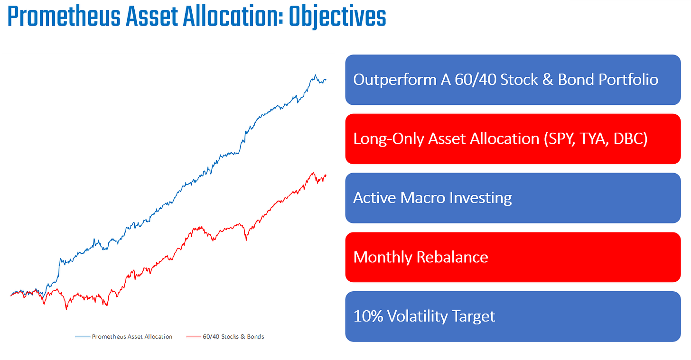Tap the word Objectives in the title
(338, 17)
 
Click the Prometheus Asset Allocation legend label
(132, 337)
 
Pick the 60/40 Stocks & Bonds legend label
(233, 337)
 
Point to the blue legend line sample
(83, 337)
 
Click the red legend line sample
(194, 337)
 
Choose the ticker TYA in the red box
(594, 138)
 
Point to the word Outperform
(395, 80)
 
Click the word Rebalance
(452, 257)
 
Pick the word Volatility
(417, 316)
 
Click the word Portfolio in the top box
(628, 80)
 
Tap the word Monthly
(383, 258)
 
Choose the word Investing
(481, 198)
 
